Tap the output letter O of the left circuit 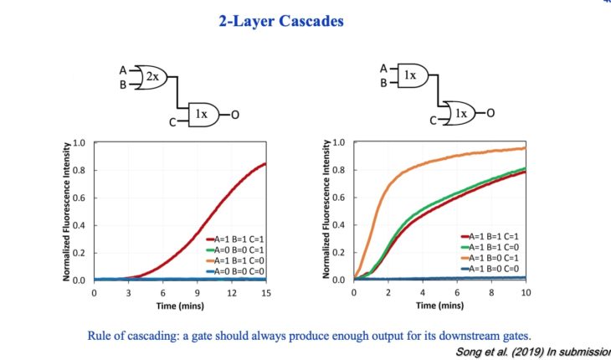click(x=236, y=114)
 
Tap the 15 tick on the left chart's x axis click(x=266, y=293)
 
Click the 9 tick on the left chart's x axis click(x=198, y=293)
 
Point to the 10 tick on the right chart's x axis click(x=525, y=293)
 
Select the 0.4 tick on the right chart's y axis click(x=339, y=225)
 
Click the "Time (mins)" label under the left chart click(x=181, y=306)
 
